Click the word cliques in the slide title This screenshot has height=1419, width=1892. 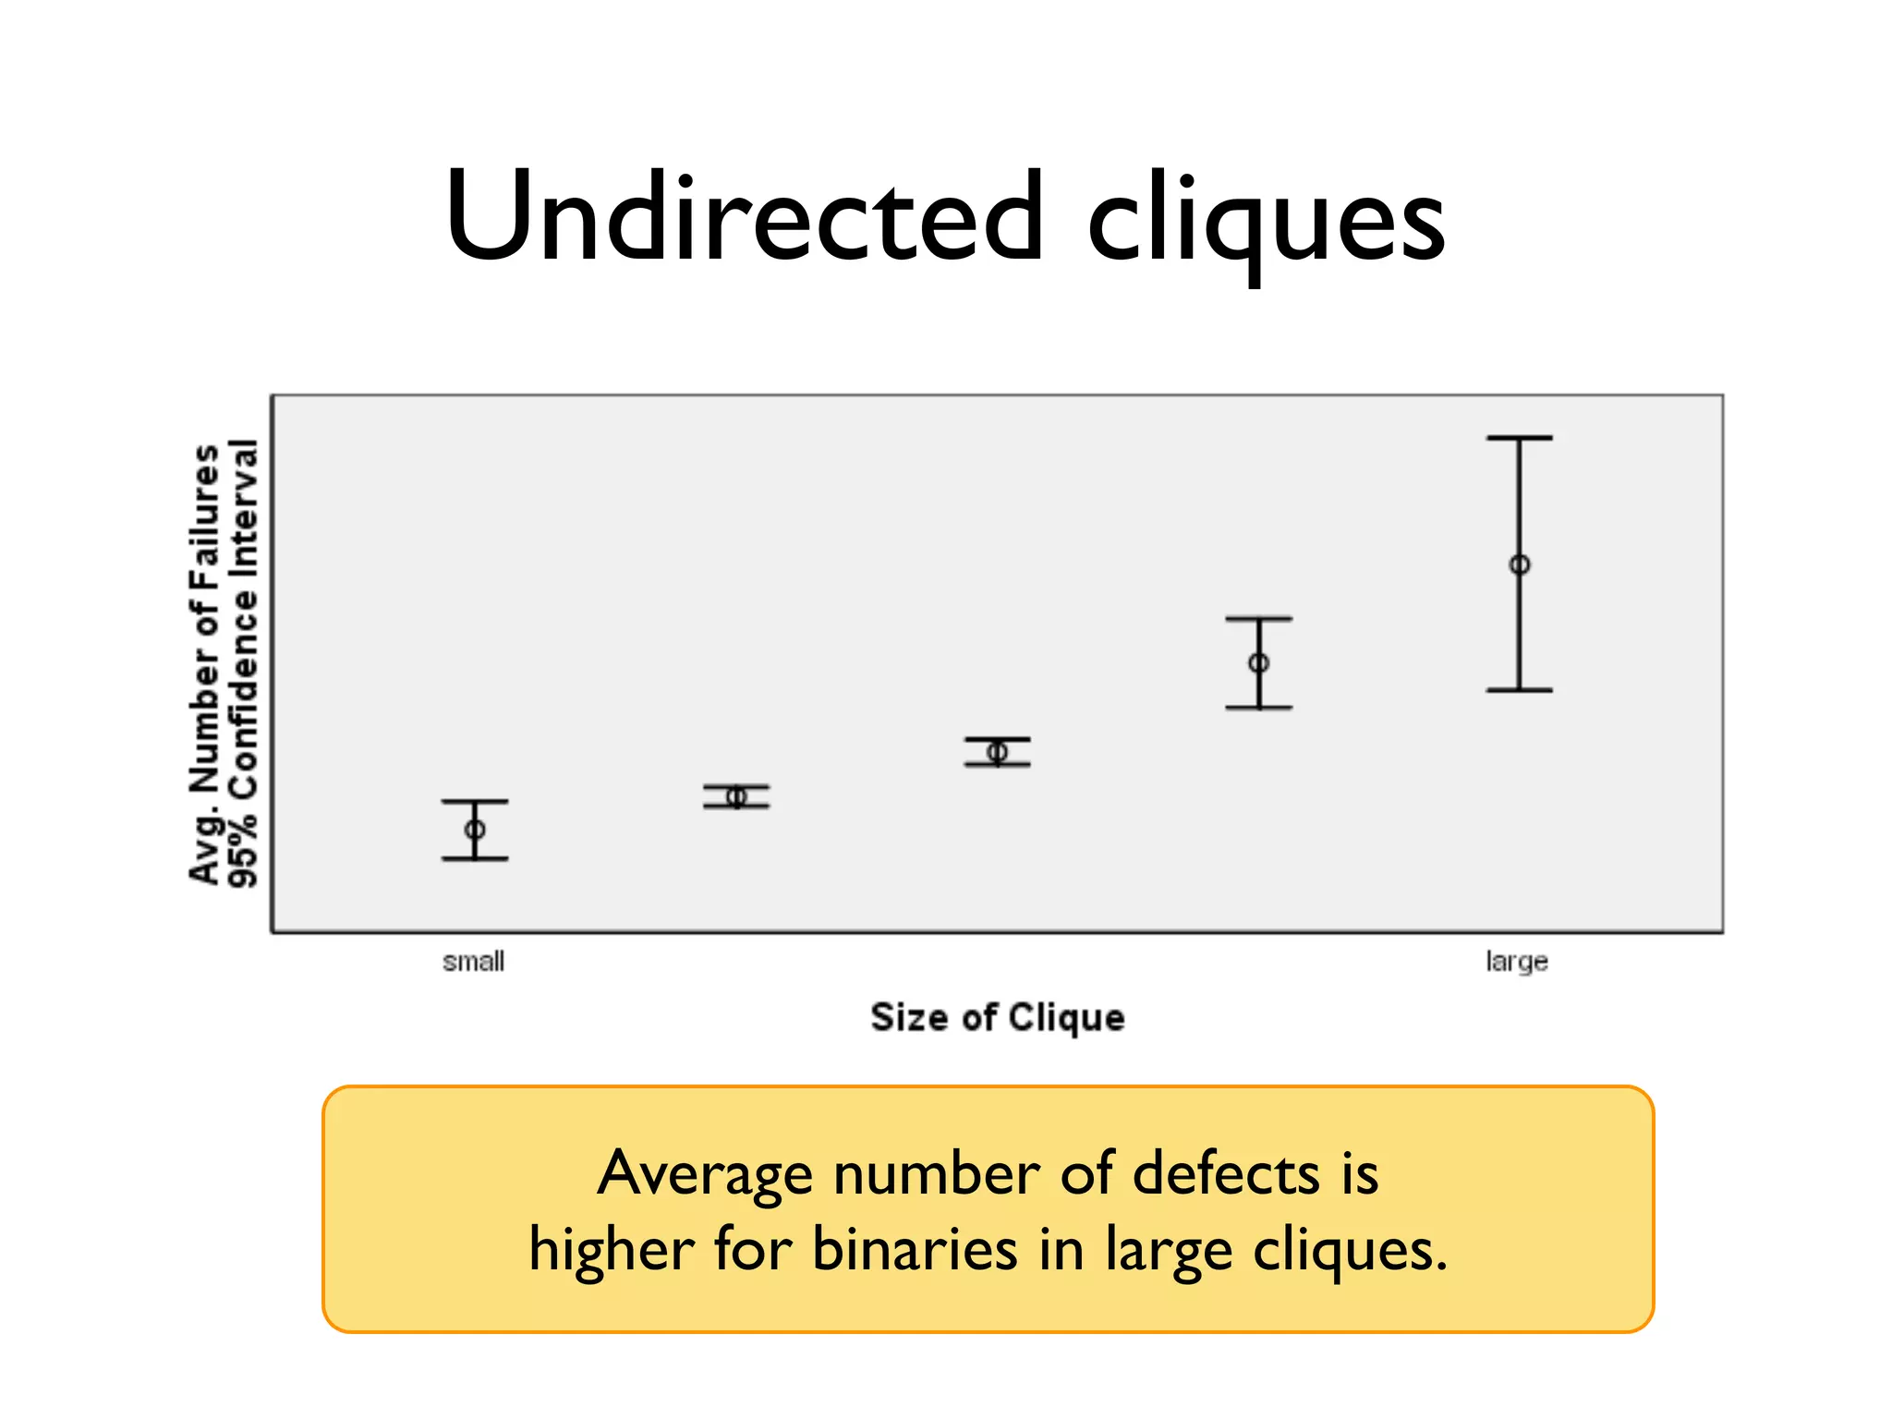[x=1266, y=222]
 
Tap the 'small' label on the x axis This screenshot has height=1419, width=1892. [x=473, y=962]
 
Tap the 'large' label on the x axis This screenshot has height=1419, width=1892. [x=1516, y=962]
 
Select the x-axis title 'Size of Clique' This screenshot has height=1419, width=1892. [x=998, y=1017]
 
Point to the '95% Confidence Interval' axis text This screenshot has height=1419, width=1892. [x=243, y=663]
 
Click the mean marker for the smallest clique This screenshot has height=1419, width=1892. [x=475, y=830]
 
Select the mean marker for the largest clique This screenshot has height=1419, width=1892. [x=1520, y=564]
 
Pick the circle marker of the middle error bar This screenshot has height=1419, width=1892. [x=997, y=752]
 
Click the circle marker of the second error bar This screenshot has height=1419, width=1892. [x=736, y=796]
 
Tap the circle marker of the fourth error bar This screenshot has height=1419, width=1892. [x=1258, y=662]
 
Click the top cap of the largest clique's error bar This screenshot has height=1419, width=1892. [x=1520, y=438]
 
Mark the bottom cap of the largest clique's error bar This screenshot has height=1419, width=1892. [x=1520, y=690]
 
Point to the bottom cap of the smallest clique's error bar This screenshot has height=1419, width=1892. [x=475, y=859]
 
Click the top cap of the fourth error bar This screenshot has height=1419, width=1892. [x=1258, y=619]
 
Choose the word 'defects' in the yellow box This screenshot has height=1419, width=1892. [x=1226, y=1174]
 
